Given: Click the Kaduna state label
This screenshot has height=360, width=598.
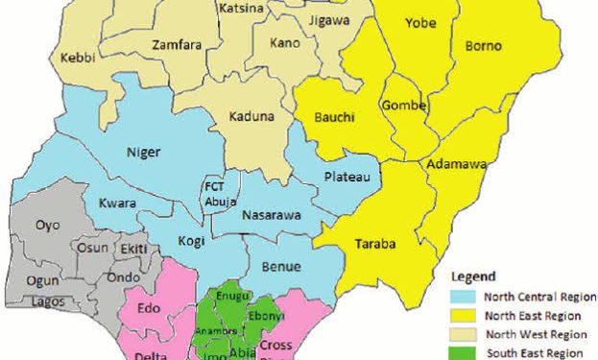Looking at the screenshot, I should coord(251,117).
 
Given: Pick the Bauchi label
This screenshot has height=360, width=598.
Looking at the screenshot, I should coord(334,117).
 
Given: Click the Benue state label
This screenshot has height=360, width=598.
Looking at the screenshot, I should coord(284,266).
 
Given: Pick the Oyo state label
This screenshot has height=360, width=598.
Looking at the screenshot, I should coord(48,226).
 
